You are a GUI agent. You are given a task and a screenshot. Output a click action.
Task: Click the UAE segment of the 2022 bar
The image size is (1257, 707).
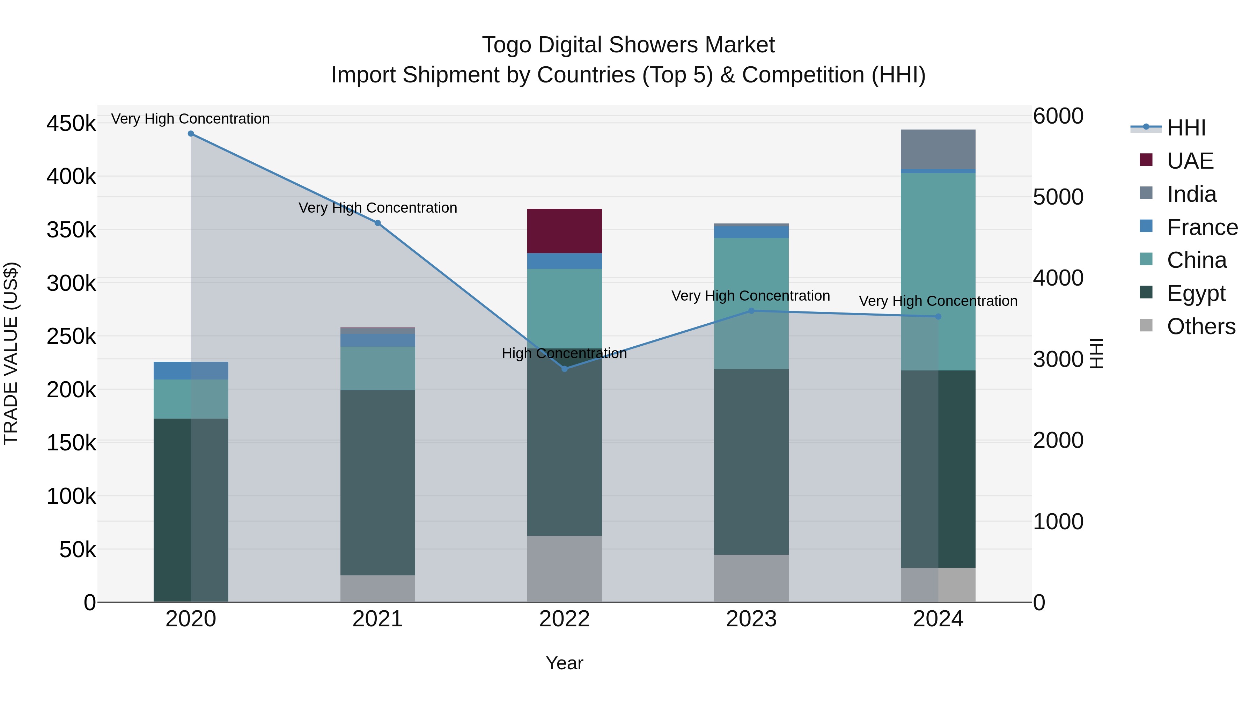(564, 230)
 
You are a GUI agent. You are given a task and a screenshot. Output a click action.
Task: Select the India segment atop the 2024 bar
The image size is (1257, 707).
(938, 149)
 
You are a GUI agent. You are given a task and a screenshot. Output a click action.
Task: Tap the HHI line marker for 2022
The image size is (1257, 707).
(565, 369)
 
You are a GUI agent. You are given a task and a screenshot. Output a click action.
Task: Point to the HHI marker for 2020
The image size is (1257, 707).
(191, 134)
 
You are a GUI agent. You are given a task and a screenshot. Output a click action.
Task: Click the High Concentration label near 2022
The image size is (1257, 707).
(564, 353)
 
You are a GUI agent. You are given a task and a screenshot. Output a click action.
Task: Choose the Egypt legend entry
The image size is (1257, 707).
(1196, 293)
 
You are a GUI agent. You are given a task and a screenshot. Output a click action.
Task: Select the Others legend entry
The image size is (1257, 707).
(1200, 326)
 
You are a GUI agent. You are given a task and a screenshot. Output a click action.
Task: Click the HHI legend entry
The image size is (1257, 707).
(1186, 128)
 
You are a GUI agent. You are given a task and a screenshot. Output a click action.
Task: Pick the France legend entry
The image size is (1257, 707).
(1202, 227)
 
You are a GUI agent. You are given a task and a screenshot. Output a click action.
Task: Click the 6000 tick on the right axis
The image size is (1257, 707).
(1058, 116)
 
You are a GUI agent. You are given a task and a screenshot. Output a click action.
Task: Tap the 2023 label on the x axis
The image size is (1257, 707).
(751, 619)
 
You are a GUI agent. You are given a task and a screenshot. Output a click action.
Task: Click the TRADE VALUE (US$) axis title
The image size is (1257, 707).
(11, 353)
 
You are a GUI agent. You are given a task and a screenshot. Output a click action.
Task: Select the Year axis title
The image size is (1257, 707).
(564, 663)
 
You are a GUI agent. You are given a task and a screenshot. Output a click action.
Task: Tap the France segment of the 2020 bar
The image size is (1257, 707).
(191, 370)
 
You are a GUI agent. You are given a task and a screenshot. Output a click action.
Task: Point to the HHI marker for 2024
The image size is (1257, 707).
(938, 317)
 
